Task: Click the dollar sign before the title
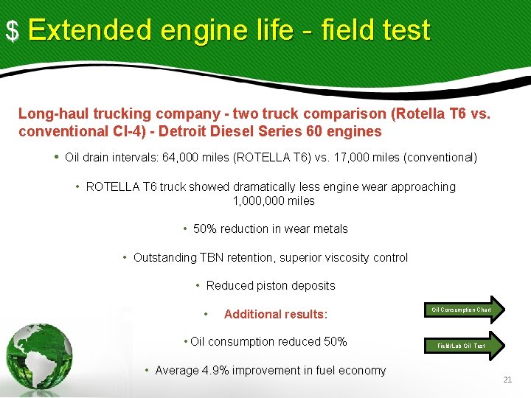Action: (x=12, y=31)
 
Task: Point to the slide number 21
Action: (x=507, y=380)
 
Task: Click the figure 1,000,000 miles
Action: (x=274, y=201)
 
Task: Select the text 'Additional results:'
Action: (x=275, y=315)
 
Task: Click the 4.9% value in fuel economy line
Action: (x=215, y=371)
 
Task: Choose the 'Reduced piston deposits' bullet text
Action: (x=271, y=286)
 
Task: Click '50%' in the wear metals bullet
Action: (x=205, y=229)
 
